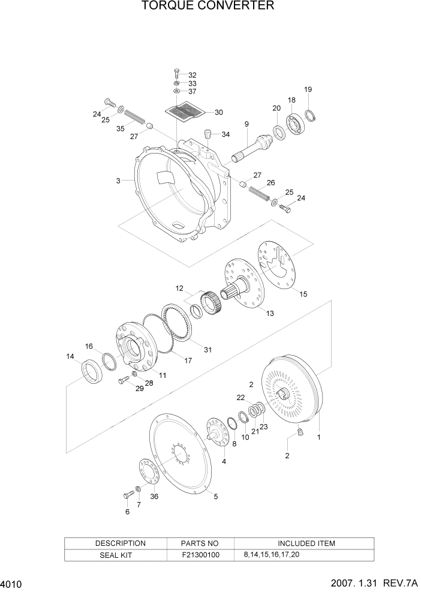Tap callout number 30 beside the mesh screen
pos(219,112)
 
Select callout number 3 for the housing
pos(119,180)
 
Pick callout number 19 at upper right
pos(308,89)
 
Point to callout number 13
pos(269,313)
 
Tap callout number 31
pos(208,350)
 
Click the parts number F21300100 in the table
pos(200,555)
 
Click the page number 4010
pos(13,584)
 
